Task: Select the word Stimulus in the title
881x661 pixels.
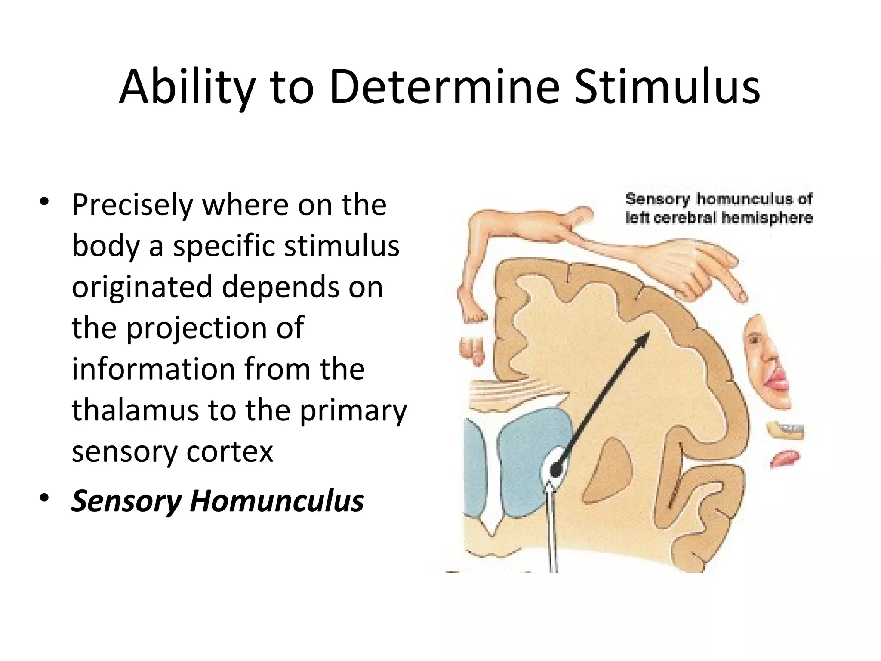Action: point(667,88)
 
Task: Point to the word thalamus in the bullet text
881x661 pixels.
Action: point(135,410)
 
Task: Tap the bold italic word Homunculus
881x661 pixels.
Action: point(277,501)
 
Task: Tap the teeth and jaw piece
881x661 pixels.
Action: point(785,430)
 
